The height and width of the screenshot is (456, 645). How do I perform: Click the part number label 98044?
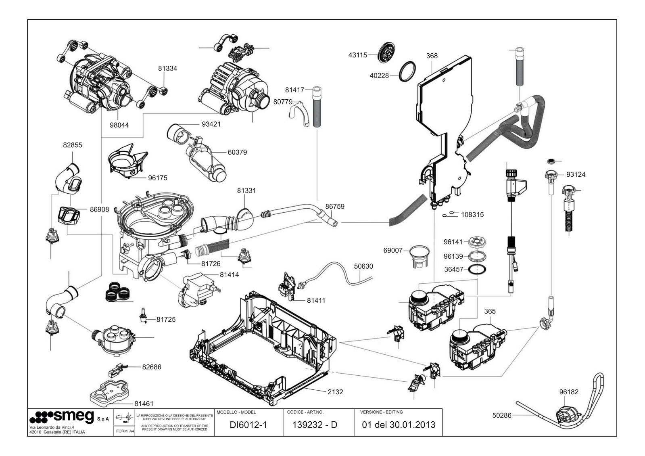(119, 125)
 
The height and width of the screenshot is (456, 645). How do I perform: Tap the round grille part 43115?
(386, 52)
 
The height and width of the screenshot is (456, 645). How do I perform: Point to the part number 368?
(432, 56)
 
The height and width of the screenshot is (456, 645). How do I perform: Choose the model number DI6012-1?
(248, 425)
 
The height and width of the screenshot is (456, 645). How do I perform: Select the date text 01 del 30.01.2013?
(399, 425)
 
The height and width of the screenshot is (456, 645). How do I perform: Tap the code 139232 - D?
(315, 425)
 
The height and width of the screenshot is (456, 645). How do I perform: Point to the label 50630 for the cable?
(363, 266)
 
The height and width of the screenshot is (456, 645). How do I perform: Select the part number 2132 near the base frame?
(335, 391)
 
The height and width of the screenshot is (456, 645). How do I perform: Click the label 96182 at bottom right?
(569, 392)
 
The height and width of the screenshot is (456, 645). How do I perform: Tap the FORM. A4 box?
(125, 431)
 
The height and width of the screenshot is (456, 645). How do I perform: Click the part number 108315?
(472, 215)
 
